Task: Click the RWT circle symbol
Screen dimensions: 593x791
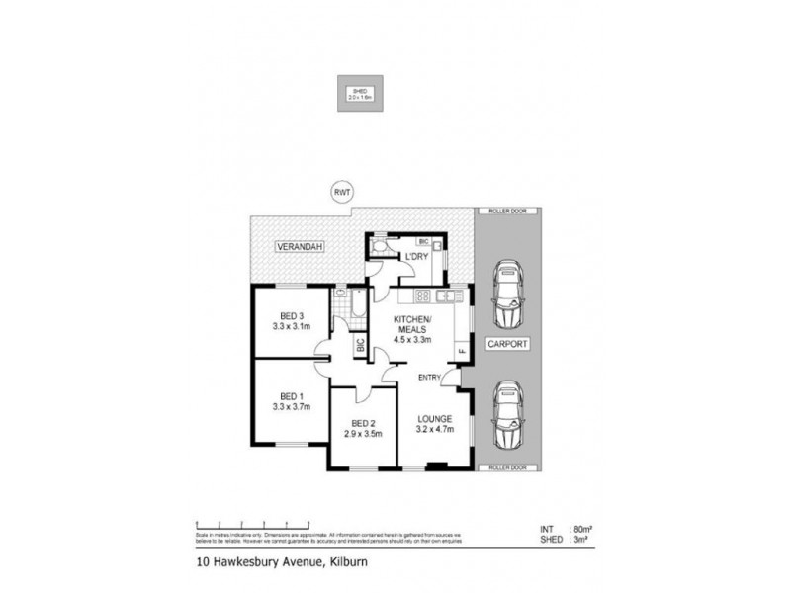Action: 342,193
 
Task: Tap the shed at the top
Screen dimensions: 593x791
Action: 358,95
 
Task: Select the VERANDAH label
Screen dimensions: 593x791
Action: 301,246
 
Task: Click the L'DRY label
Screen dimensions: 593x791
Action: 415,257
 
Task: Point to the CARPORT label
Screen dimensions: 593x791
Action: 506,346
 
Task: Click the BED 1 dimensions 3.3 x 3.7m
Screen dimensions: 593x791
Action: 292,404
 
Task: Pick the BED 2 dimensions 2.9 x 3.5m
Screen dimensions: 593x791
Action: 362,433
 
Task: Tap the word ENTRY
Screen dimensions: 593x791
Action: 430,378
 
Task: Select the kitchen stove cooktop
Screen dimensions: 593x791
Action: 421,296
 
